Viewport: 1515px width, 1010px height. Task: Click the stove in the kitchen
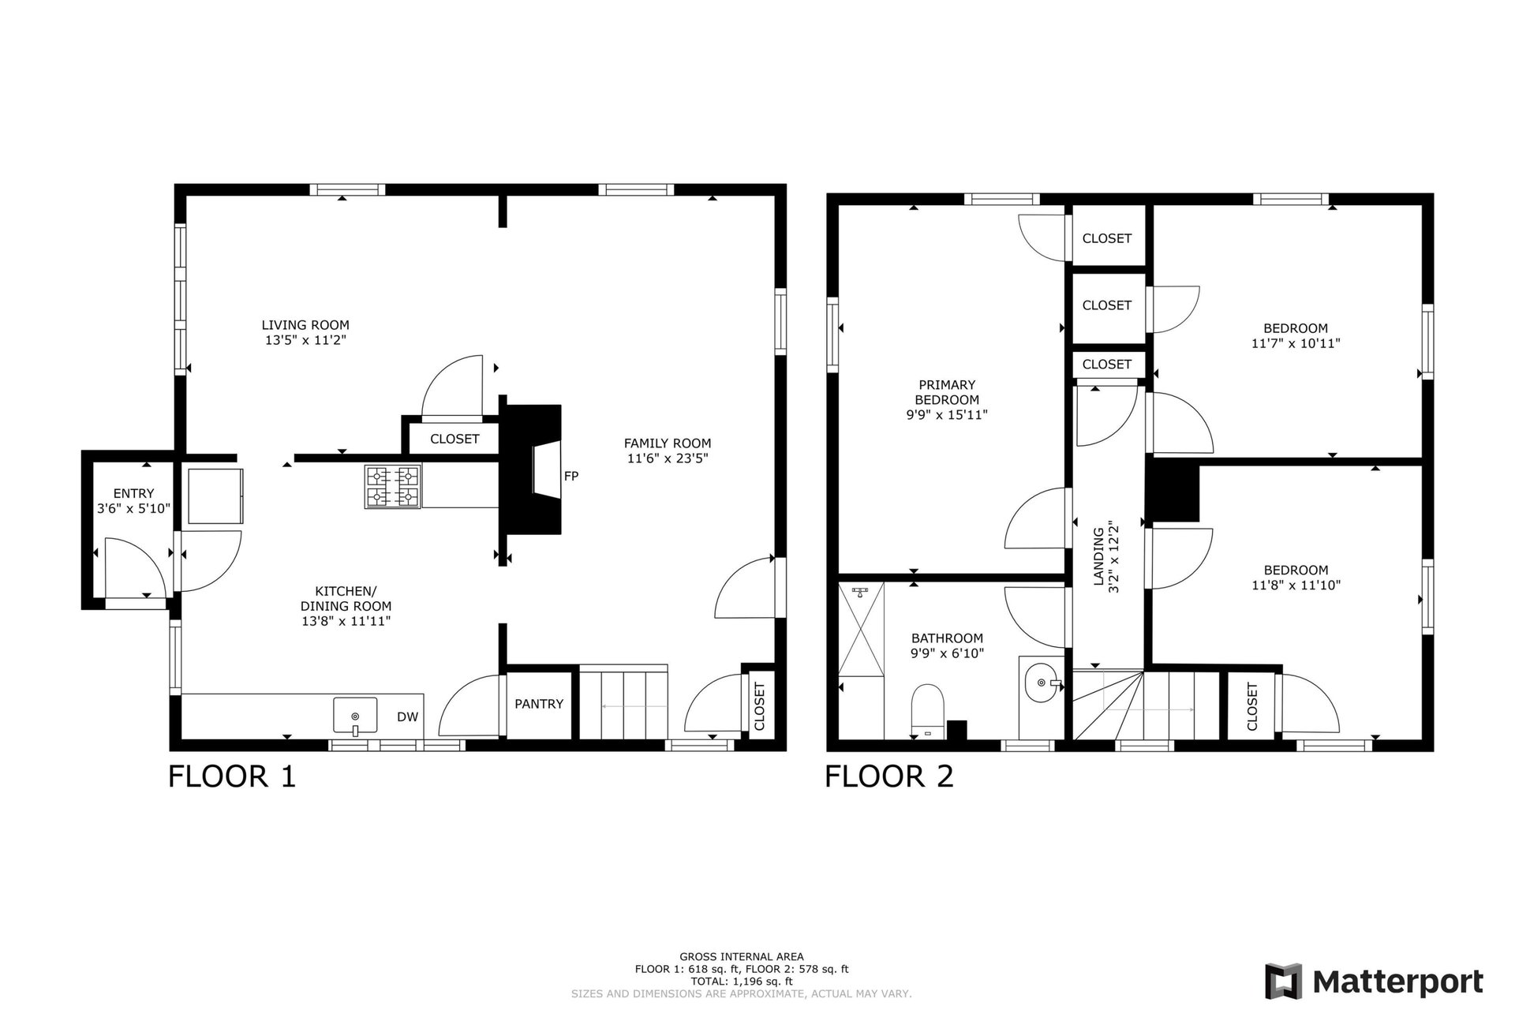pos(391,486)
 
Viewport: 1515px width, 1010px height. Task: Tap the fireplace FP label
pos(571,476)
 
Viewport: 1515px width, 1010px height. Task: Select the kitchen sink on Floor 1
pos(355,716)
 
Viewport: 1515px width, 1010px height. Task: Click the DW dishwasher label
pos(407,717)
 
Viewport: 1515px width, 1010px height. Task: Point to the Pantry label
pos(539,704)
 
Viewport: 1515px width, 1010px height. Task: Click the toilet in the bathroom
pos(928,709)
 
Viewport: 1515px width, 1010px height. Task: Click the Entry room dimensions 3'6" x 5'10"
pos(133,509)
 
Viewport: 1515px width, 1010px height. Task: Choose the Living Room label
pos(305,325)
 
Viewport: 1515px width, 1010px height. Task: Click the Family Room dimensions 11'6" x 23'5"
pos(668,458)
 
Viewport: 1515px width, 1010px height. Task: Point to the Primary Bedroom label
pos(947,392)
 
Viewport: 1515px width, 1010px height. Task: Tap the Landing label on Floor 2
pos(1098,557)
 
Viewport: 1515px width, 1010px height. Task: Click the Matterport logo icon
pos(1283,982)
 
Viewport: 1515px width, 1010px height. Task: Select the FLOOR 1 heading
pos(232,776)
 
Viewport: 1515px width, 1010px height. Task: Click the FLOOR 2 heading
pos(889,776)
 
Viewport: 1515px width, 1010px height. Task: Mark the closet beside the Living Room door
pos(454,439)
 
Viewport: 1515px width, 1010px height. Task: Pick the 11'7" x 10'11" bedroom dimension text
pos(1296,344)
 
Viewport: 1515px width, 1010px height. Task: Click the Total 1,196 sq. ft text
pos(742,982)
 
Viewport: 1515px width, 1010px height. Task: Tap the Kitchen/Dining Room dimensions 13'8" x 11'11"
pos(346,621)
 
